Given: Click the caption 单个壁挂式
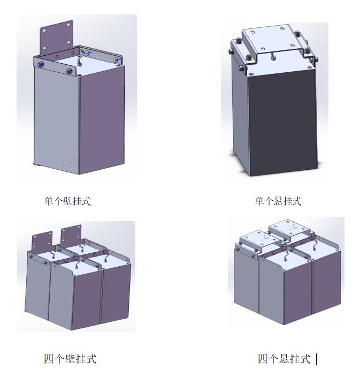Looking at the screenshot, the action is (x=67, y=201).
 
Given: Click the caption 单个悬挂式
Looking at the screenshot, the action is (x=278, y=201).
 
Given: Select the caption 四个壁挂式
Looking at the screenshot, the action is (x=70, y=359).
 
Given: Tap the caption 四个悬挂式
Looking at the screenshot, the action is (x=284, y=359).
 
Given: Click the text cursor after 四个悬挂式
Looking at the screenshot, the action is (x=317, y=359).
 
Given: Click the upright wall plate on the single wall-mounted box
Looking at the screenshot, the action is (x=57, y=37).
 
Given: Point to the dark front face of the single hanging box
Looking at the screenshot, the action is (x=282, y=123).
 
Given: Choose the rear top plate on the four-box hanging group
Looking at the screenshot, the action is (x=289, y=228).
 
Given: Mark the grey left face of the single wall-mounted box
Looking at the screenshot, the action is (x=57, y=117).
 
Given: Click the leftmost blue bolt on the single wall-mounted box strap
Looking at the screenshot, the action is (x=41, y=64).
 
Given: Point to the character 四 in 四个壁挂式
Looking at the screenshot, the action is (x=49, y=359).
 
